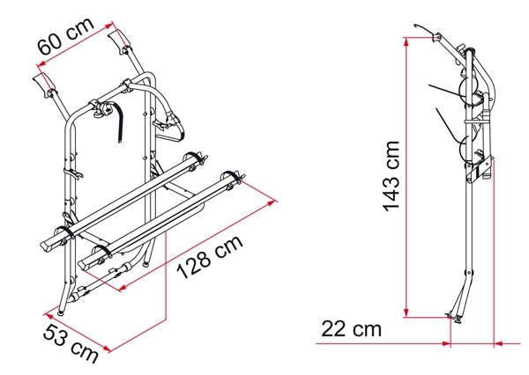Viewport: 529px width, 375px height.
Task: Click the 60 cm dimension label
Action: coord(66,36)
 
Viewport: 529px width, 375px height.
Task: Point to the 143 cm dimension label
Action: coord(391,176)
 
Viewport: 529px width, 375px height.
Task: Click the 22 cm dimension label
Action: coord(351,329)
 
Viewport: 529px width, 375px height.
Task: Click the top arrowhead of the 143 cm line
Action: coord(406,41)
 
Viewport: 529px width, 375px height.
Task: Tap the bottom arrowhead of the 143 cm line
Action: coord(406,312)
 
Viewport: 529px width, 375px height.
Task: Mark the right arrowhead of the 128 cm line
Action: coord(272,202)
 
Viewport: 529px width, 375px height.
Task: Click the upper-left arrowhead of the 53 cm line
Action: coord(48,316)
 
